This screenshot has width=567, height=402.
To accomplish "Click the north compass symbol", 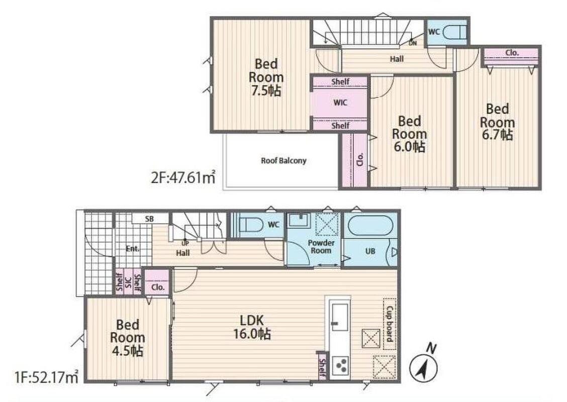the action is tap(423, 368).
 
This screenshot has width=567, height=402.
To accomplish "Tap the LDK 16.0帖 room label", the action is tap(252, 327).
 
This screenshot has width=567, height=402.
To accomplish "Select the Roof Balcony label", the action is tap(283, 160).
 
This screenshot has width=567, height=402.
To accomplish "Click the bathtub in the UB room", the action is tap(370, 226).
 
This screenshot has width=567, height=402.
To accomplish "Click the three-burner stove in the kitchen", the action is tap(341, 365).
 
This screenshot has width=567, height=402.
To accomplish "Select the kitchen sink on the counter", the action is tap(340, 317).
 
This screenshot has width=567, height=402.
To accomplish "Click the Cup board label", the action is tap(390, 324).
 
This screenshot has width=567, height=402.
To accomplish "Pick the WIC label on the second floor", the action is tap(340, 103).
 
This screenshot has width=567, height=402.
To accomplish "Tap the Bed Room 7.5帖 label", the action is tap(266, 77).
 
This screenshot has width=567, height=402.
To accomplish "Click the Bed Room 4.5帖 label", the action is tap(128, 338).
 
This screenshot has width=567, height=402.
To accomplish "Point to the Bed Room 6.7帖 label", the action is tap(497, 122).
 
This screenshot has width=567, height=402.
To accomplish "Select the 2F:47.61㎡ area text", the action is tap(183, 177).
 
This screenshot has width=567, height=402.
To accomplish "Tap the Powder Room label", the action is tap(321, 247).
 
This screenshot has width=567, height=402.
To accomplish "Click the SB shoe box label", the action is tap(149, 219).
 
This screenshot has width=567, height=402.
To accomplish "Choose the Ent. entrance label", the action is tap(133, 249).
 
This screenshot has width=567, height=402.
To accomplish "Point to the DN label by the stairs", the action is tap(413, 43).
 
